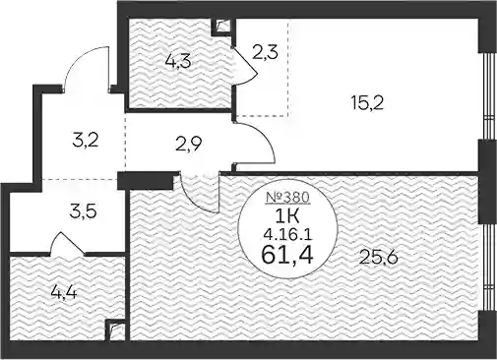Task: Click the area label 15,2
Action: click(366, 103)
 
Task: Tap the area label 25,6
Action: click(379, 257)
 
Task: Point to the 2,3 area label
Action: click(265, 52)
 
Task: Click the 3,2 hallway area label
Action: click(86, 141)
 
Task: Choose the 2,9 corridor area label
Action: click(188, 143)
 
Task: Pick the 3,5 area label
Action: click(83, 211)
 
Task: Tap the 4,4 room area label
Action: click(64, 292)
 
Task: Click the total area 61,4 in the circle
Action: click(287, 255)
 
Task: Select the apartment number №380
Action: click(287, 197)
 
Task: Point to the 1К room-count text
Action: click(287, 215)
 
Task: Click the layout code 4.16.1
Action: click(287, 234)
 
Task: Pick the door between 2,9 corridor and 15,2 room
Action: click(254, 143)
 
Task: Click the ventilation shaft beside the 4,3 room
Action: click(223, 27)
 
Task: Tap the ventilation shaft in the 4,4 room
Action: click(115, 330)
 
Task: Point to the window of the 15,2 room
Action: click(488, 96)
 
